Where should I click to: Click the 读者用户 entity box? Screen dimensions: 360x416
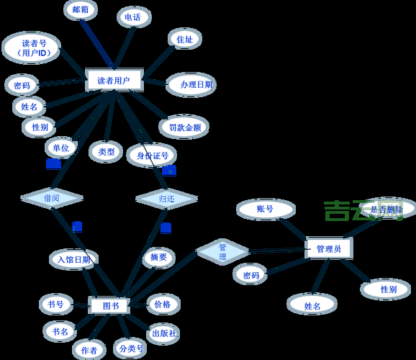pos(114,81)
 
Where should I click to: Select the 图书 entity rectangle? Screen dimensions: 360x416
pos(109,306)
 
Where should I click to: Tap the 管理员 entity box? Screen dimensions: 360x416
pos(328,248)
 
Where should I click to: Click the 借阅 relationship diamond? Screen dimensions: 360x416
pos(51,198)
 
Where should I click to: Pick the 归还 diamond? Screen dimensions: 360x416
pos(166,198)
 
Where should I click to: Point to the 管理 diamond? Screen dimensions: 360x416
pos(222,252)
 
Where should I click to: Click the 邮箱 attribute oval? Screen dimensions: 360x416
pos(81,10)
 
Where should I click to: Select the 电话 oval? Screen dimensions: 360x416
pos(132,17)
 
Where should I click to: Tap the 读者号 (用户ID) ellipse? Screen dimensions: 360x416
pos(31,48)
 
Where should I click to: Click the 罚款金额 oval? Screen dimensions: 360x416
pos(184,127)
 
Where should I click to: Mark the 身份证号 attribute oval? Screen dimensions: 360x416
pos(152,156)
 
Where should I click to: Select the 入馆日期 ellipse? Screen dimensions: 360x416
pos(73,259)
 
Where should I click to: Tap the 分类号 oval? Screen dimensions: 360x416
pos(130,348)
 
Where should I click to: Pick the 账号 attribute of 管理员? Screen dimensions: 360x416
pos(265,210)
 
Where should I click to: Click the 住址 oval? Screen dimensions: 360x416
pos(184,40)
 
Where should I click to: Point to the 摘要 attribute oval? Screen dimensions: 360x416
pos(158,257)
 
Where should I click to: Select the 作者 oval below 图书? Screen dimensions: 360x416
pos(89,350)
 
